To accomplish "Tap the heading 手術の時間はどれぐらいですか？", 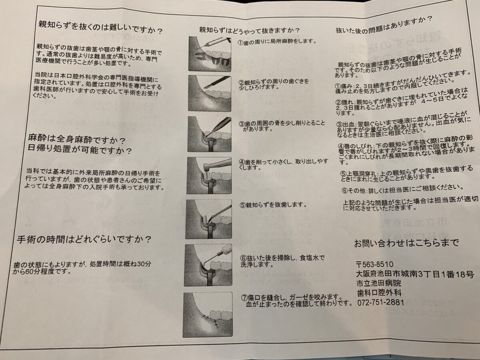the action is click(84, 240).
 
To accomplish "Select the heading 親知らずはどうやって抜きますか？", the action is click(249, 30).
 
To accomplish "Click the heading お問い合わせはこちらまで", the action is click(406, 243).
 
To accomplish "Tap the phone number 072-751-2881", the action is click(380, 302).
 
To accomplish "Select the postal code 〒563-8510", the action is click(374, 264).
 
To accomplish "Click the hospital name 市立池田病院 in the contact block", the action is click(379, 283).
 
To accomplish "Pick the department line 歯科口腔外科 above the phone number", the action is click(379, 293).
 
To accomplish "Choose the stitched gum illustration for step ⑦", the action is click(208, 314).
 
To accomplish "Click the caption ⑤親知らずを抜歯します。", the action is click(273, 205).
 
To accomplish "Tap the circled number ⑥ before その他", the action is click(345, 191).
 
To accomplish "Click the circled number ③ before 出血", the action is click(339, 124).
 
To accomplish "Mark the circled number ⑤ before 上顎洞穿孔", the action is click(344, 174).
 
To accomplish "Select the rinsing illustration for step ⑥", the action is click(208, 265).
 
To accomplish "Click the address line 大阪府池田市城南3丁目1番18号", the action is click(415, 274).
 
